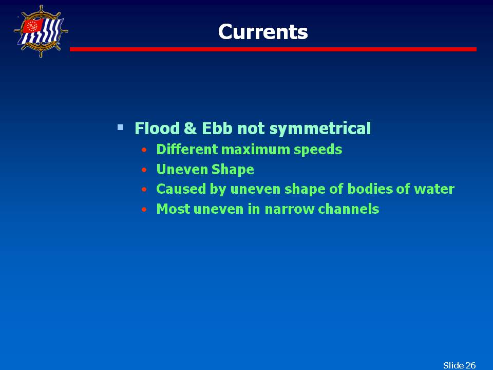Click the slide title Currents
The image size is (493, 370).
pos(263,32)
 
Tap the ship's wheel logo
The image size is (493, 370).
pos(41,31)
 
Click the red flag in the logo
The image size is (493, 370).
pos(32,26)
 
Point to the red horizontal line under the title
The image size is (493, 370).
pos(273,49)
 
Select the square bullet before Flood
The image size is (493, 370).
pos(120,127)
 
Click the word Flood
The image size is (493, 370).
pos(157,128)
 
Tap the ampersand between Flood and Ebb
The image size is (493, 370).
pos(191,128)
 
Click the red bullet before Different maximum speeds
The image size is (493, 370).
pos(144,150)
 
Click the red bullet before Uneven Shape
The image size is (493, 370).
pos(144,170)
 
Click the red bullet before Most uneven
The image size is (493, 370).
pos(144,210)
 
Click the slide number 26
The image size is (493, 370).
pos(470,365)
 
